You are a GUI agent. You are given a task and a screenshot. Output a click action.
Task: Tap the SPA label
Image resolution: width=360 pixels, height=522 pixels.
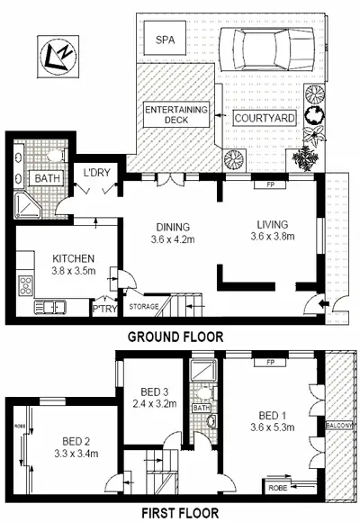click(x=165, y=40)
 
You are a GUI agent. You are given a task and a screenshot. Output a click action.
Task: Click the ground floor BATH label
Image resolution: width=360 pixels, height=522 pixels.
click(x=45, y=179)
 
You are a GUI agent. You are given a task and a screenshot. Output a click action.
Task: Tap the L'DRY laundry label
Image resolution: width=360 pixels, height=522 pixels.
click(x=97, y=173)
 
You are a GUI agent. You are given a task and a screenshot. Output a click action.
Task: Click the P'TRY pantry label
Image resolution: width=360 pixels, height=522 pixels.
click(x=104, y=307)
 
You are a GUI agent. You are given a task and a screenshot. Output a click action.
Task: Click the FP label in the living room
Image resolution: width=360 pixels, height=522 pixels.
click(x=269, y=185)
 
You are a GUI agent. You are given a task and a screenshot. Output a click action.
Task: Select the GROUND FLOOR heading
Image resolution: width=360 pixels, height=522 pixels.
click(x=174, y=337)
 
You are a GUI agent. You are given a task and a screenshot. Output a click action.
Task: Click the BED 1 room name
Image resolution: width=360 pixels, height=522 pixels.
click(x=270, y=415)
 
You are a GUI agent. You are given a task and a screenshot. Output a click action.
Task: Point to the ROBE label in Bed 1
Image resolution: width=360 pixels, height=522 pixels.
click(x=278, y=487)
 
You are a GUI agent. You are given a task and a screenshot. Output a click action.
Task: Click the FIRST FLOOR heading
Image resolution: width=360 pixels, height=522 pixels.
click(x=174, y=513)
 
